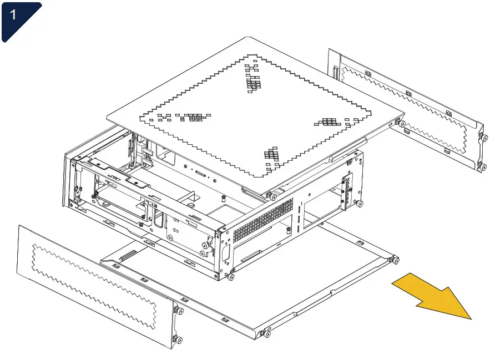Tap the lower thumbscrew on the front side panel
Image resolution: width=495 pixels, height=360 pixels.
point(176,339)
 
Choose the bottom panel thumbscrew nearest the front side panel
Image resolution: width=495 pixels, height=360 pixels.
point(265,334)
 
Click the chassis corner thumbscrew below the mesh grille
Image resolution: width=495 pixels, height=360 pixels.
point(231,276)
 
